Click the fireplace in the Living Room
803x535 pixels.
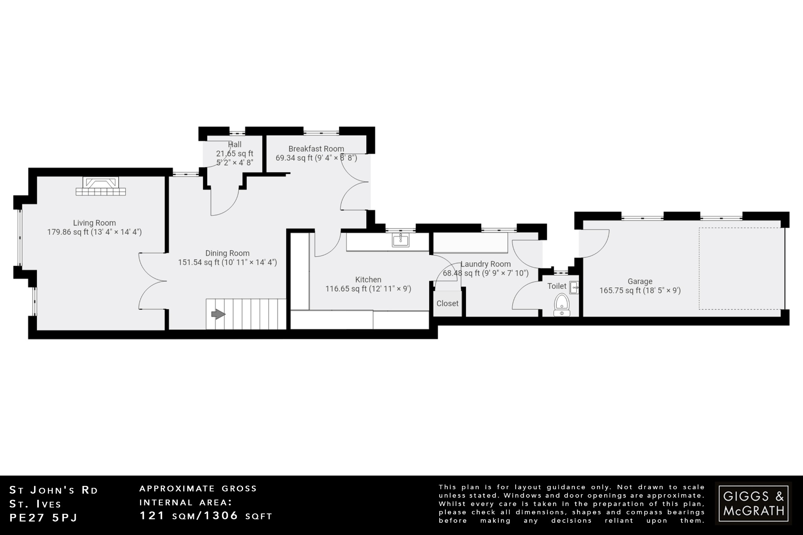101,187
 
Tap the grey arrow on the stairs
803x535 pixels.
218,314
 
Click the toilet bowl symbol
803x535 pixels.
562,303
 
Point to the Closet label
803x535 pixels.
447,303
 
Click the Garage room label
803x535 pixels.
640,281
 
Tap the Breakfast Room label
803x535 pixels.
316,149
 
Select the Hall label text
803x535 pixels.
234,144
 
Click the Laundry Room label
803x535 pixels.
485,264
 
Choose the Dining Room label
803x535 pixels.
227,253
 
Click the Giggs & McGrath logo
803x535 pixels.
753,503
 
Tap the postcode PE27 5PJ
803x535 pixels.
44,518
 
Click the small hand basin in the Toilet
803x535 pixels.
574,288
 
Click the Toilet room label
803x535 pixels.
557,286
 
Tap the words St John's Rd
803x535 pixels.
53,490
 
